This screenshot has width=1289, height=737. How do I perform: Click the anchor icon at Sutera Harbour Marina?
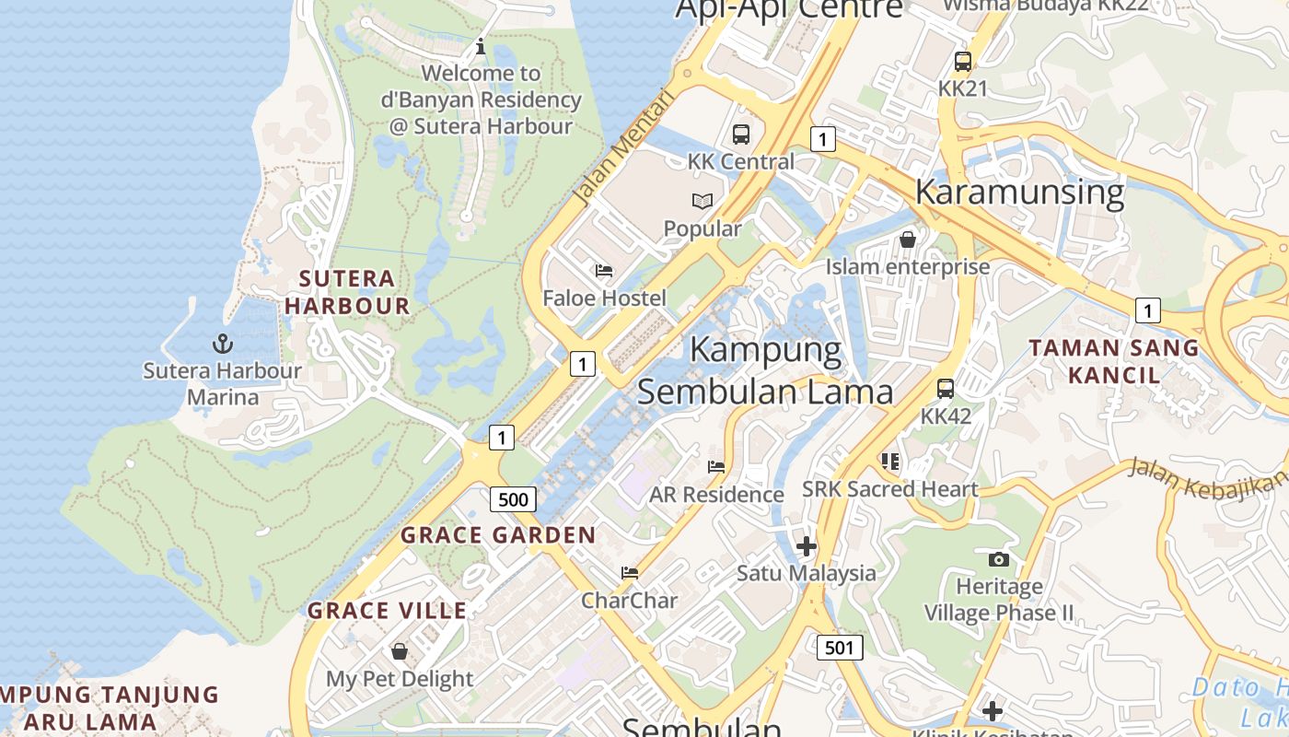coord(222,345)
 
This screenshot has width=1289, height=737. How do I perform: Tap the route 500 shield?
coord(512,500)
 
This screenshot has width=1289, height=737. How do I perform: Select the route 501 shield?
coord(839,648)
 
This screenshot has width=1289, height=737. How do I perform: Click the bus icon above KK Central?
coord(741,135)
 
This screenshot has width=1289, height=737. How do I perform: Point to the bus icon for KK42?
coord(946,389)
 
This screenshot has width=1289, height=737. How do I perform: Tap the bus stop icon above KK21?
coord(962,62)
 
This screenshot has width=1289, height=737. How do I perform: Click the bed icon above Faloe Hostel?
coord(604,271)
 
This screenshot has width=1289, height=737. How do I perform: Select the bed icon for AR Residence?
coord(716,467)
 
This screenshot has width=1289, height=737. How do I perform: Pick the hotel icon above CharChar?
coord(630,573)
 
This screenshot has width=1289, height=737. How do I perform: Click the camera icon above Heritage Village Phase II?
coord(998,559)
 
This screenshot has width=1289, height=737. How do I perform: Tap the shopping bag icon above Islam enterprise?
coord(908,240)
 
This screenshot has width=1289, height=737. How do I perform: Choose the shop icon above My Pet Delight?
coord(400,651)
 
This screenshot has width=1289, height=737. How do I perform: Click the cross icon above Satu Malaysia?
coord(807,546)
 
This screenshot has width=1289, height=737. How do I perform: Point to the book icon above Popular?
coord(703,201)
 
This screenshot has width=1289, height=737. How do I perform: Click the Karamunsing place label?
coord(1019,192)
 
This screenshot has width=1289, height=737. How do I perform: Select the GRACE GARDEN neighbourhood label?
coord(498,535)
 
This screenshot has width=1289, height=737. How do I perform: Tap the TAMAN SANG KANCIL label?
coord(1114,361)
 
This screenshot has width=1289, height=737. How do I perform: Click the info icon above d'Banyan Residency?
coord(480,46)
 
